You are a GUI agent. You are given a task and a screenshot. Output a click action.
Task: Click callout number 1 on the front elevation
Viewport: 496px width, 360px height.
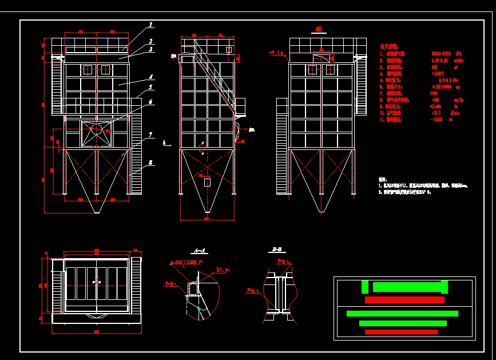pos(151,25)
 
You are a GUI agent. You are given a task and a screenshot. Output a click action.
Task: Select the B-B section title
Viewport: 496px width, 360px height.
pos(276,251)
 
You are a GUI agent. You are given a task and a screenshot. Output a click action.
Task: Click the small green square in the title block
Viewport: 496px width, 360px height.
pos(365,287)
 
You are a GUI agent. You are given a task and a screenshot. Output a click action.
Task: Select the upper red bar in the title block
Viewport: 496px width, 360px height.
pos(404,300)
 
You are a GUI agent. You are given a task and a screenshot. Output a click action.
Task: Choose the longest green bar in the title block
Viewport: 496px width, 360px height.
pos(402,314)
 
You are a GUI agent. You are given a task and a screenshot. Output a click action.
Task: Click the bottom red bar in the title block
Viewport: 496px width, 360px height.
pos(401,332)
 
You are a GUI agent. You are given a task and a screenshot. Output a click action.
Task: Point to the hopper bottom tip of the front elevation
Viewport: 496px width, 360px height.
pos(97,213)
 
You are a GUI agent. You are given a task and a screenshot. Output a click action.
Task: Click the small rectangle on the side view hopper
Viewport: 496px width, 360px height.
pos(207,183)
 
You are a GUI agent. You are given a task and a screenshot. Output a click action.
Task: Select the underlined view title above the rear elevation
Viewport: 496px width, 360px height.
pos(319,29)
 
